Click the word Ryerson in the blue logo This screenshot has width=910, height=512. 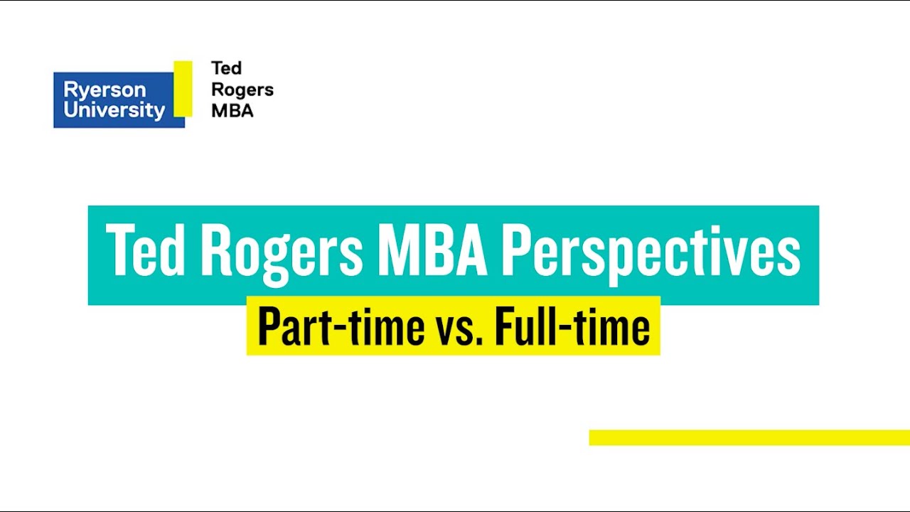pos(105,90)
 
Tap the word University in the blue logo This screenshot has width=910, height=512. pos(114,110)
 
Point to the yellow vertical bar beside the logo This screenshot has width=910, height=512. pos(183,88)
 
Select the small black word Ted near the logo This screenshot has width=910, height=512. pos(227,68)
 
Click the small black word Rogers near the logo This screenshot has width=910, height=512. pos(242,90)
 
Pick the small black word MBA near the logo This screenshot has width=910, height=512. pos(232,111)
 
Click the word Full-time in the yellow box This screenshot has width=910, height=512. pos(572,326)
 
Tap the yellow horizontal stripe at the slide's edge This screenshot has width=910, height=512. pos(749,437)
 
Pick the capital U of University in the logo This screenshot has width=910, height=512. pos(70,110)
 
